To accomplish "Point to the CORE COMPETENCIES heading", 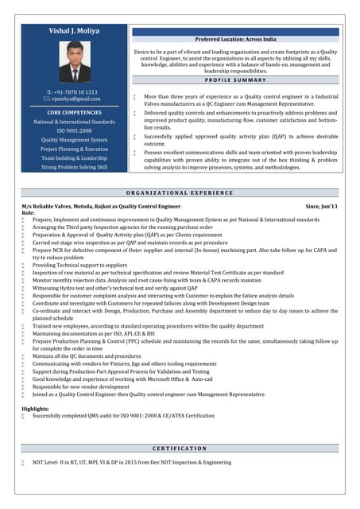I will pyautogui.click(x=74, y=113).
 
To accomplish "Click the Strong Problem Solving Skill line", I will pyautogui.click(x=74, y=167).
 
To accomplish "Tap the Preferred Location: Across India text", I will pyautogui.click(x=235, y=38).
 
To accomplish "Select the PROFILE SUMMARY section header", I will pyautogui.click(x=235, y=80).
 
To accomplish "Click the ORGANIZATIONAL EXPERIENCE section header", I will pyautogui.click(x=180, y=192).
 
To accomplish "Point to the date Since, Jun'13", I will pyautogui.click(x=322, y=206).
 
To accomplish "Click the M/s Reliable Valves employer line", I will pyautogui.click(x=101, y=206).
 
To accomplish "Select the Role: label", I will pyautogui.click(x=29, y=212).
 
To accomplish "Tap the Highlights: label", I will pyautogui.click(x=35, y=408).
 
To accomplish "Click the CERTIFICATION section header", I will pyautogui.click(x=180, y=449).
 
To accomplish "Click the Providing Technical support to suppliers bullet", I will pyautogui.click(x=79, y=265).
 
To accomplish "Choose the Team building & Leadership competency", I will pyautogui.click(x=74, y=157).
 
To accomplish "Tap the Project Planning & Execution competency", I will pyautogui.click(x=74, y=149).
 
